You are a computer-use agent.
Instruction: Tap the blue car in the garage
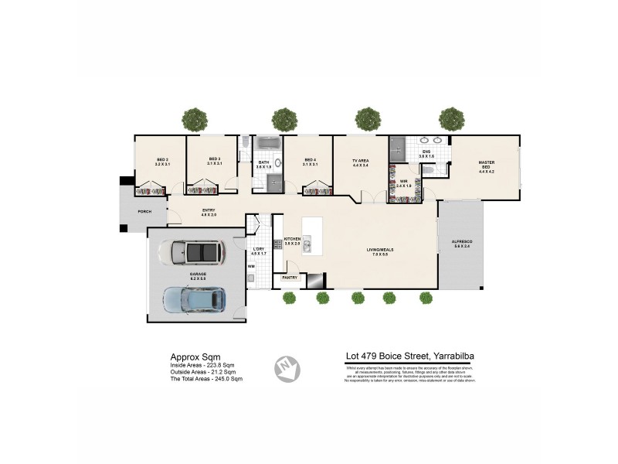pos(194,299)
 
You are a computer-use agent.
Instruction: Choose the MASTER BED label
pos(486,164)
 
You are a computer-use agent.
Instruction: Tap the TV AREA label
pos(361,159)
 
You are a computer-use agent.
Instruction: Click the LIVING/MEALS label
pos(380,249)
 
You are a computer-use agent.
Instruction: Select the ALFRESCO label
pos(462,242)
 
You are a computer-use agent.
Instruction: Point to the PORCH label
pos(144,211)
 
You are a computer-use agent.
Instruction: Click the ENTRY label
pos(209,210)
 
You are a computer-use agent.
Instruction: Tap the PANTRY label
pos(290,277)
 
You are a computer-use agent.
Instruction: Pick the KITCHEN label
pos(292,239)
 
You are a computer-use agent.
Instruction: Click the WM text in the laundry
pos(251,267)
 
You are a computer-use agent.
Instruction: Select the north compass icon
pos(288,367)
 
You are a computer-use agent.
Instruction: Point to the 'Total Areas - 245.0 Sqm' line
pos(206,379)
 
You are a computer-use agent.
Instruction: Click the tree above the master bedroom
pos(451,118)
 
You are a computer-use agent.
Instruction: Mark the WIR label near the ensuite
pos(403,183)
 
